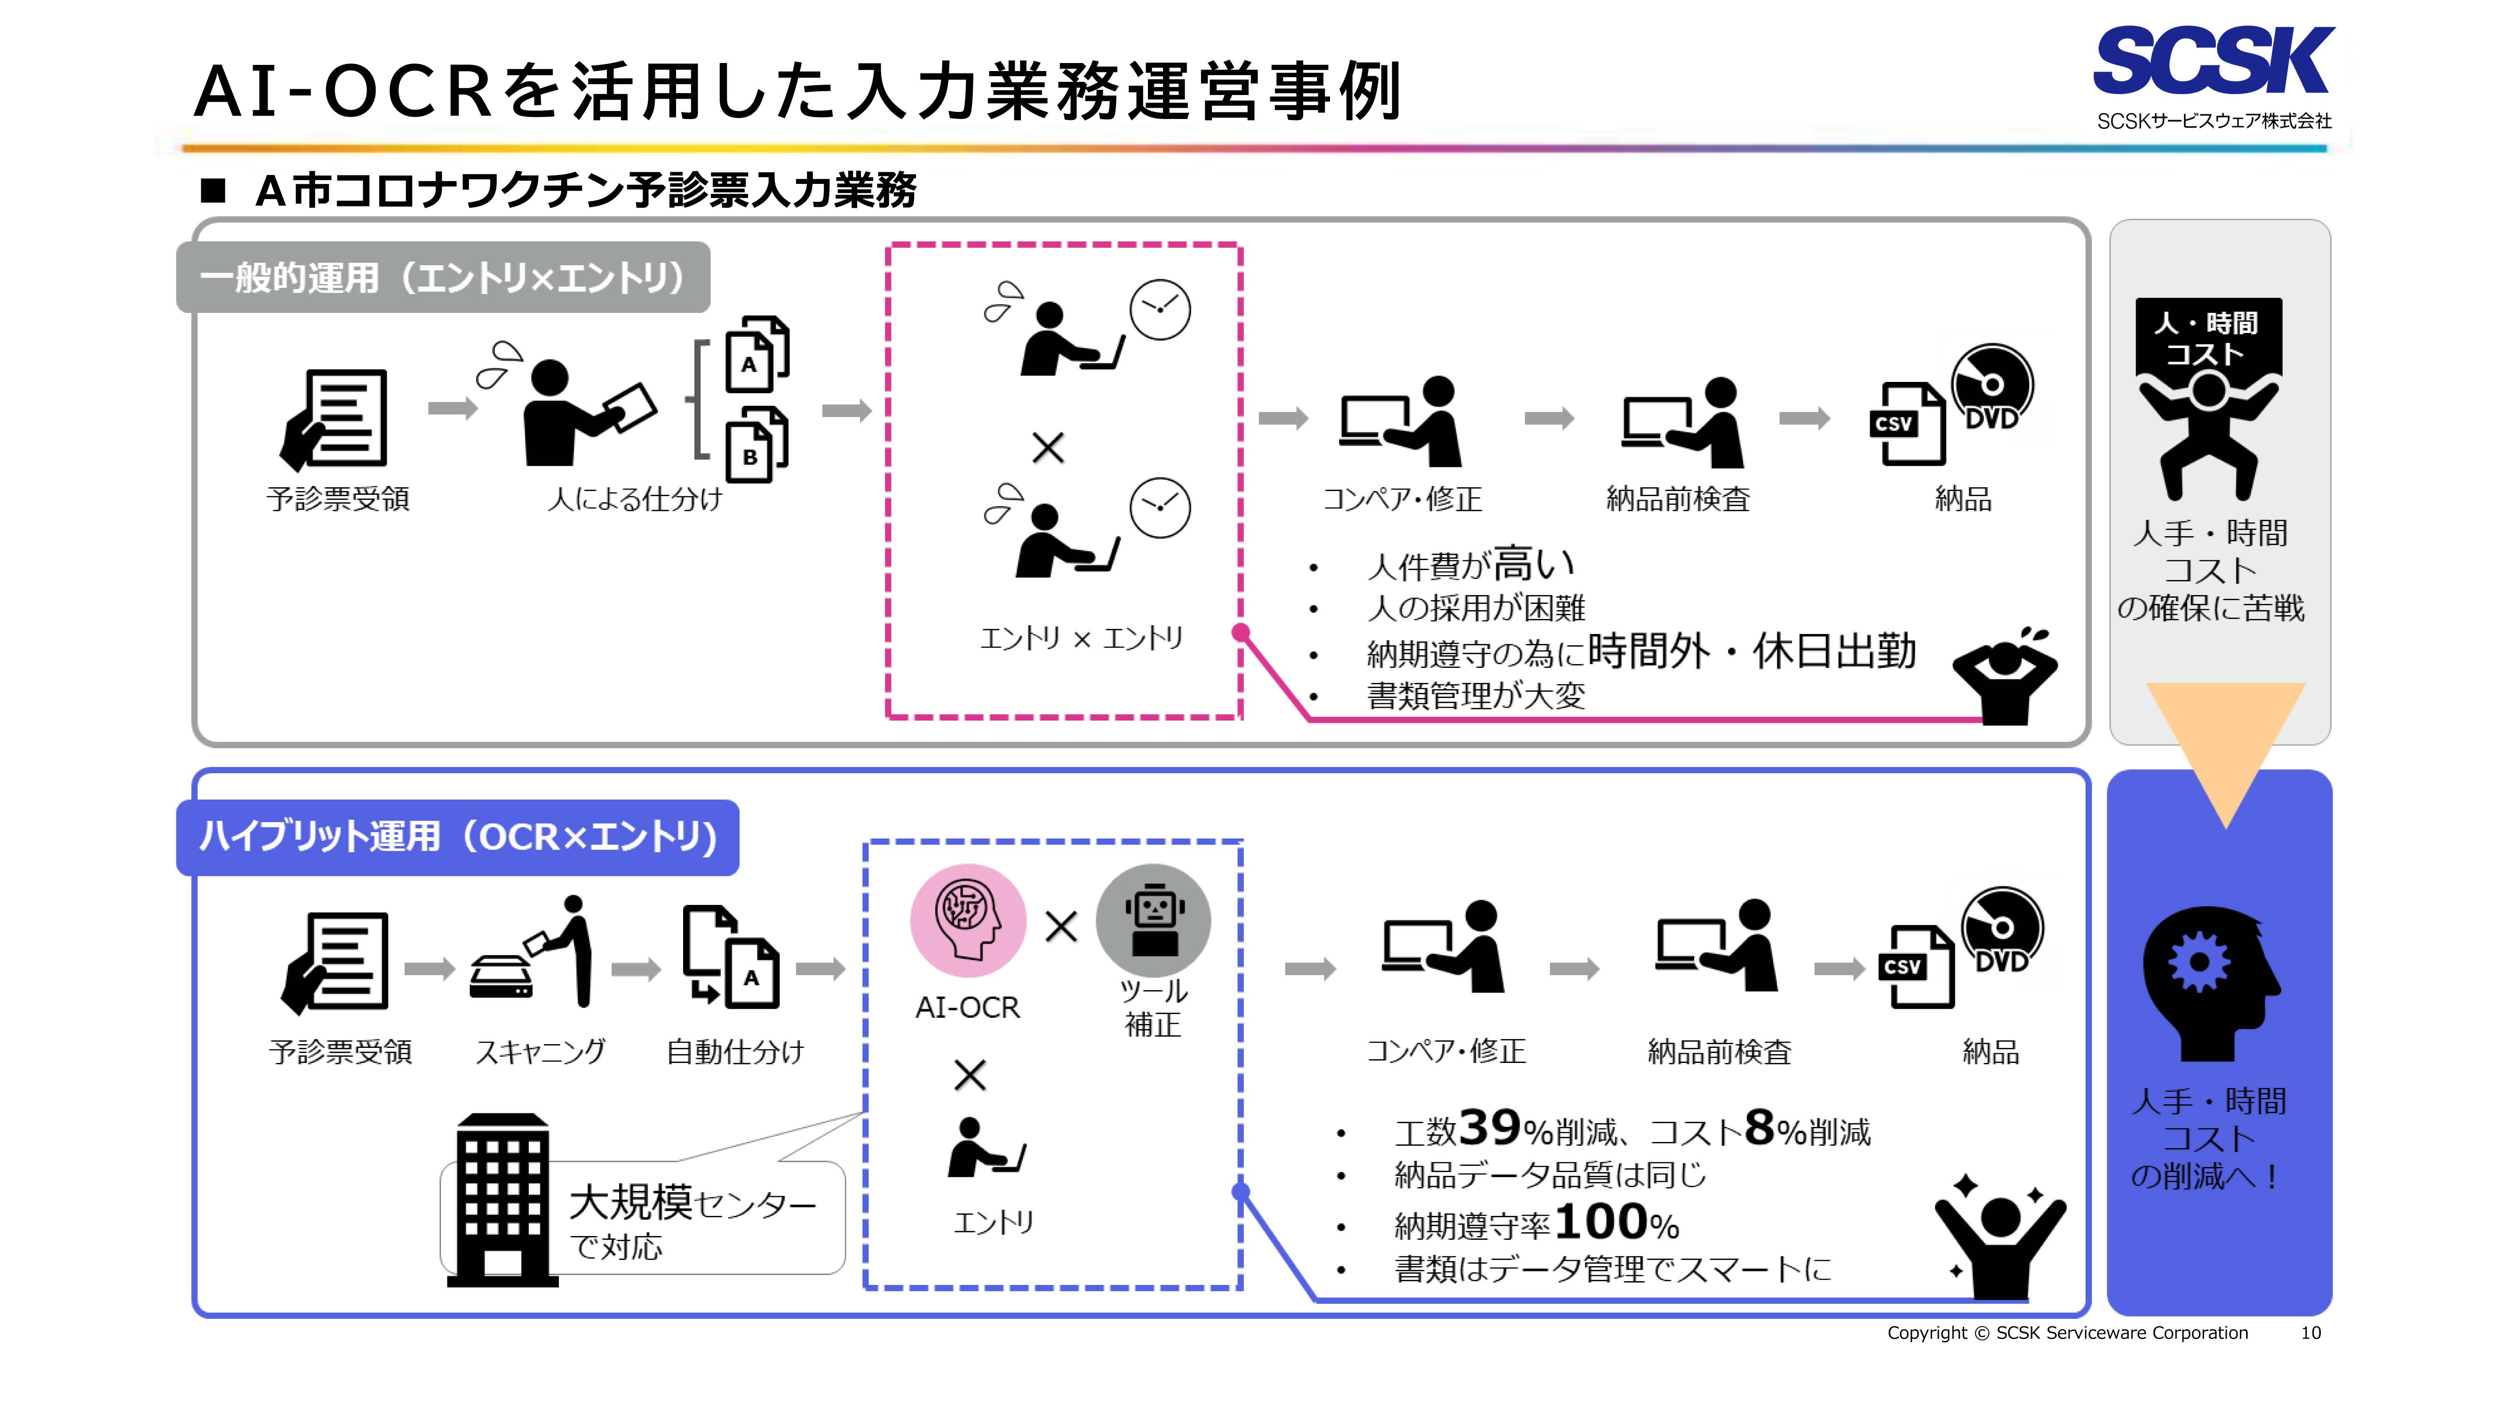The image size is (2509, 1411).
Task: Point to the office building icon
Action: [502, 1200]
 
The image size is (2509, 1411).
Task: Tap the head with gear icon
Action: [2209, 983]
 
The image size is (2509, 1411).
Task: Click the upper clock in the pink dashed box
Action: [1159, 309]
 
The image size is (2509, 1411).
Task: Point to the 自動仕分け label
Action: [735, 1052]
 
